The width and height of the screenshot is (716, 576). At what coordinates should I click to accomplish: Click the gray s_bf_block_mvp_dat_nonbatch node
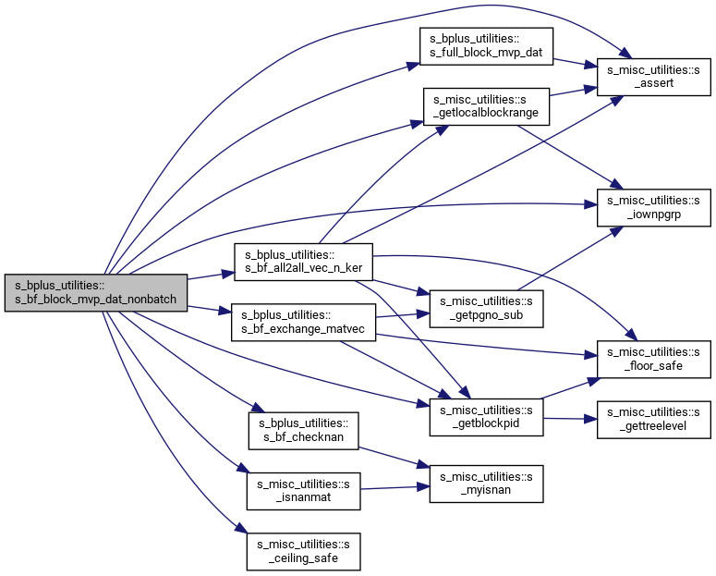click(x=96, y=292)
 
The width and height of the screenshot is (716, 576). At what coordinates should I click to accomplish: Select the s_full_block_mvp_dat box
click(x=486, y=46)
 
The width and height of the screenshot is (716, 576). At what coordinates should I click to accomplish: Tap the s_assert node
click(x=654, y=77)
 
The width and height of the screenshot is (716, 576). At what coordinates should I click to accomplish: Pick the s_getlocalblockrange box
click(x=486, y=106)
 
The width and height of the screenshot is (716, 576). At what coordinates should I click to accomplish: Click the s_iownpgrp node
click(x=654, y=207)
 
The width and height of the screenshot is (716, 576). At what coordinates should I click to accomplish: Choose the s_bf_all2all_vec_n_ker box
click(x=304, y=262)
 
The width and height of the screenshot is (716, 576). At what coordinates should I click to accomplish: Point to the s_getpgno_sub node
click(x=486, y=309)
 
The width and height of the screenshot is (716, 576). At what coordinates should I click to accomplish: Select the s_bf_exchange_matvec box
click(x=304, y=323)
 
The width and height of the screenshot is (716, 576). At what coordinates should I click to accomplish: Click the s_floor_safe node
click(x=654, y=360)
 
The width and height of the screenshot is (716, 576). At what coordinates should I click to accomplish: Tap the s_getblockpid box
click(x=486, y=417)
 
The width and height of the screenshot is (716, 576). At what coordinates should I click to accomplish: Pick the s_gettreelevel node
click(x=654, y=420)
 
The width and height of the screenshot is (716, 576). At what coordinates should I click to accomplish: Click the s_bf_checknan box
click(x=304, y=431)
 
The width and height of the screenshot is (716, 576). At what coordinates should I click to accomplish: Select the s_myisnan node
click(x=486, y=484)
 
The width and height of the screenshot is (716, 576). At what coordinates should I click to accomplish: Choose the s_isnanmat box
click(x=304, y=491)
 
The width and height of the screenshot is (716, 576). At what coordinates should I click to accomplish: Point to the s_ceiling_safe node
click(x=304, y=551)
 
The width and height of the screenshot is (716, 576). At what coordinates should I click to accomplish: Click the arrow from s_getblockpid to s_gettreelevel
click(x=570, y=418)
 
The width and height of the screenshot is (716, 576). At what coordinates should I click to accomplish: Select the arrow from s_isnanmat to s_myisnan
click(x=395, y=488)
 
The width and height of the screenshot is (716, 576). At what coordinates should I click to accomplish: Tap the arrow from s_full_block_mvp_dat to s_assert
click(x=576, y=63)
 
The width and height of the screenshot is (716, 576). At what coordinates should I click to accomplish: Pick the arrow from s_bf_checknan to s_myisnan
click(x=394, y=458)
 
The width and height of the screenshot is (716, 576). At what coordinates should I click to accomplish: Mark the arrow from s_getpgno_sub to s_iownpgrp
click(x=571, y=258)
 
